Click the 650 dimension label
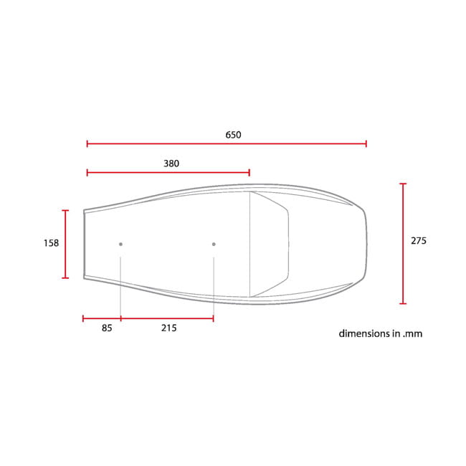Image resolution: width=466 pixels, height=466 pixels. click(233, 135)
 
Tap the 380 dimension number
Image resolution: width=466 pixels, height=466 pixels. click(171, 163)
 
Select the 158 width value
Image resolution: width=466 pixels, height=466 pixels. click(52, 243)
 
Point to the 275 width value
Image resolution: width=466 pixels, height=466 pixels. click(419, 241)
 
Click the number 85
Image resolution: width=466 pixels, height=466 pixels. click(107, 328)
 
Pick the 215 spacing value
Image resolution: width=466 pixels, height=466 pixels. click(169, 328)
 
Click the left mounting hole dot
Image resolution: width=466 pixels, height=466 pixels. click(120, 244)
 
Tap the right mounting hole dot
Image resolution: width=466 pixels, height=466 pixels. click(214, 244)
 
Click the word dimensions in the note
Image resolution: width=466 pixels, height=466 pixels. click(364, 333)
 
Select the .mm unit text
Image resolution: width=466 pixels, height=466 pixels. click(412, 334)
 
